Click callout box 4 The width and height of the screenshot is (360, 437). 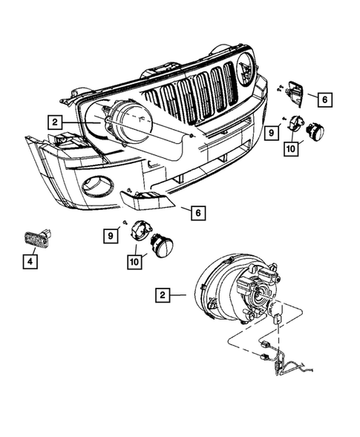coord(30,261)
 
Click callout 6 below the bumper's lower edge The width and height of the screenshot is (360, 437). coord(197,213)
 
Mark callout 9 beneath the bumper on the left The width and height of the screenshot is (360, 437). coord(111,235)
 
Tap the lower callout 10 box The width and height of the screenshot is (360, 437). coord(137,260)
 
